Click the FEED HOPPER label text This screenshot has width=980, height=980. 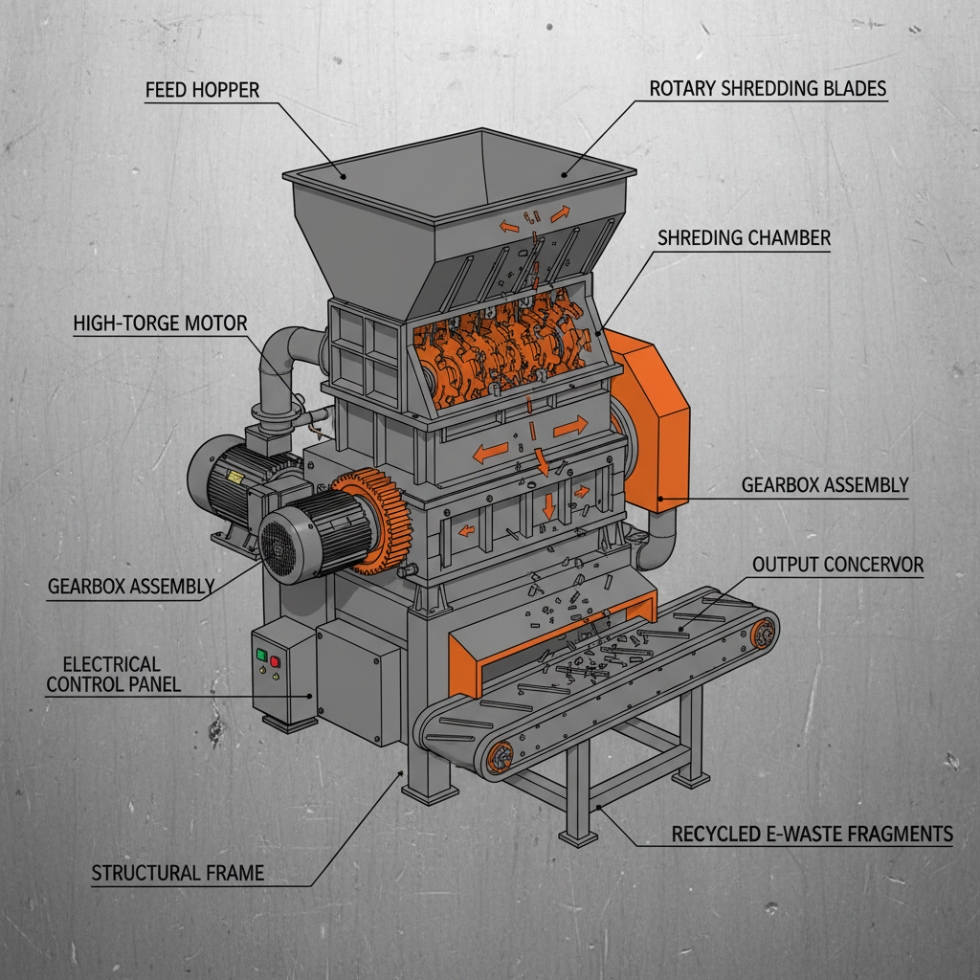pyautogui.click(x=202, y=91)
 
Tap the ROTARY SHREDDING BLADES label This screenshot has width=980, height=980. pyautogui.click(x=768, y=89)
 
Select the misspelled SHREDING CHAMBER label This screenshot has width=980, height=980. pyautogui.click(x=744, y=238)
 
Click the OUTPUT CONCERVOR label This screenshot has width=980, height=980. pyautogui.click(x=837, y=565)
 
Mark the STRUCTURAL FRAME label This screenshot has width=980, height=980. pyautogui.click(x=177, y=873)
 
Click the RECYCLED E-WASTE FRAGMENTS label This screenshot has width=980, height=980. pyautogui.click(x=812, y=835)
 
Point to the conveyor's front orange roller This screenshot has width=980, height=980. pyautogui.click(x=499, y=761)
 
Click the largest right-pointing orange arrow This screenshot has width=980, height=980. pyautogui.click(x=570, y=428)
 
